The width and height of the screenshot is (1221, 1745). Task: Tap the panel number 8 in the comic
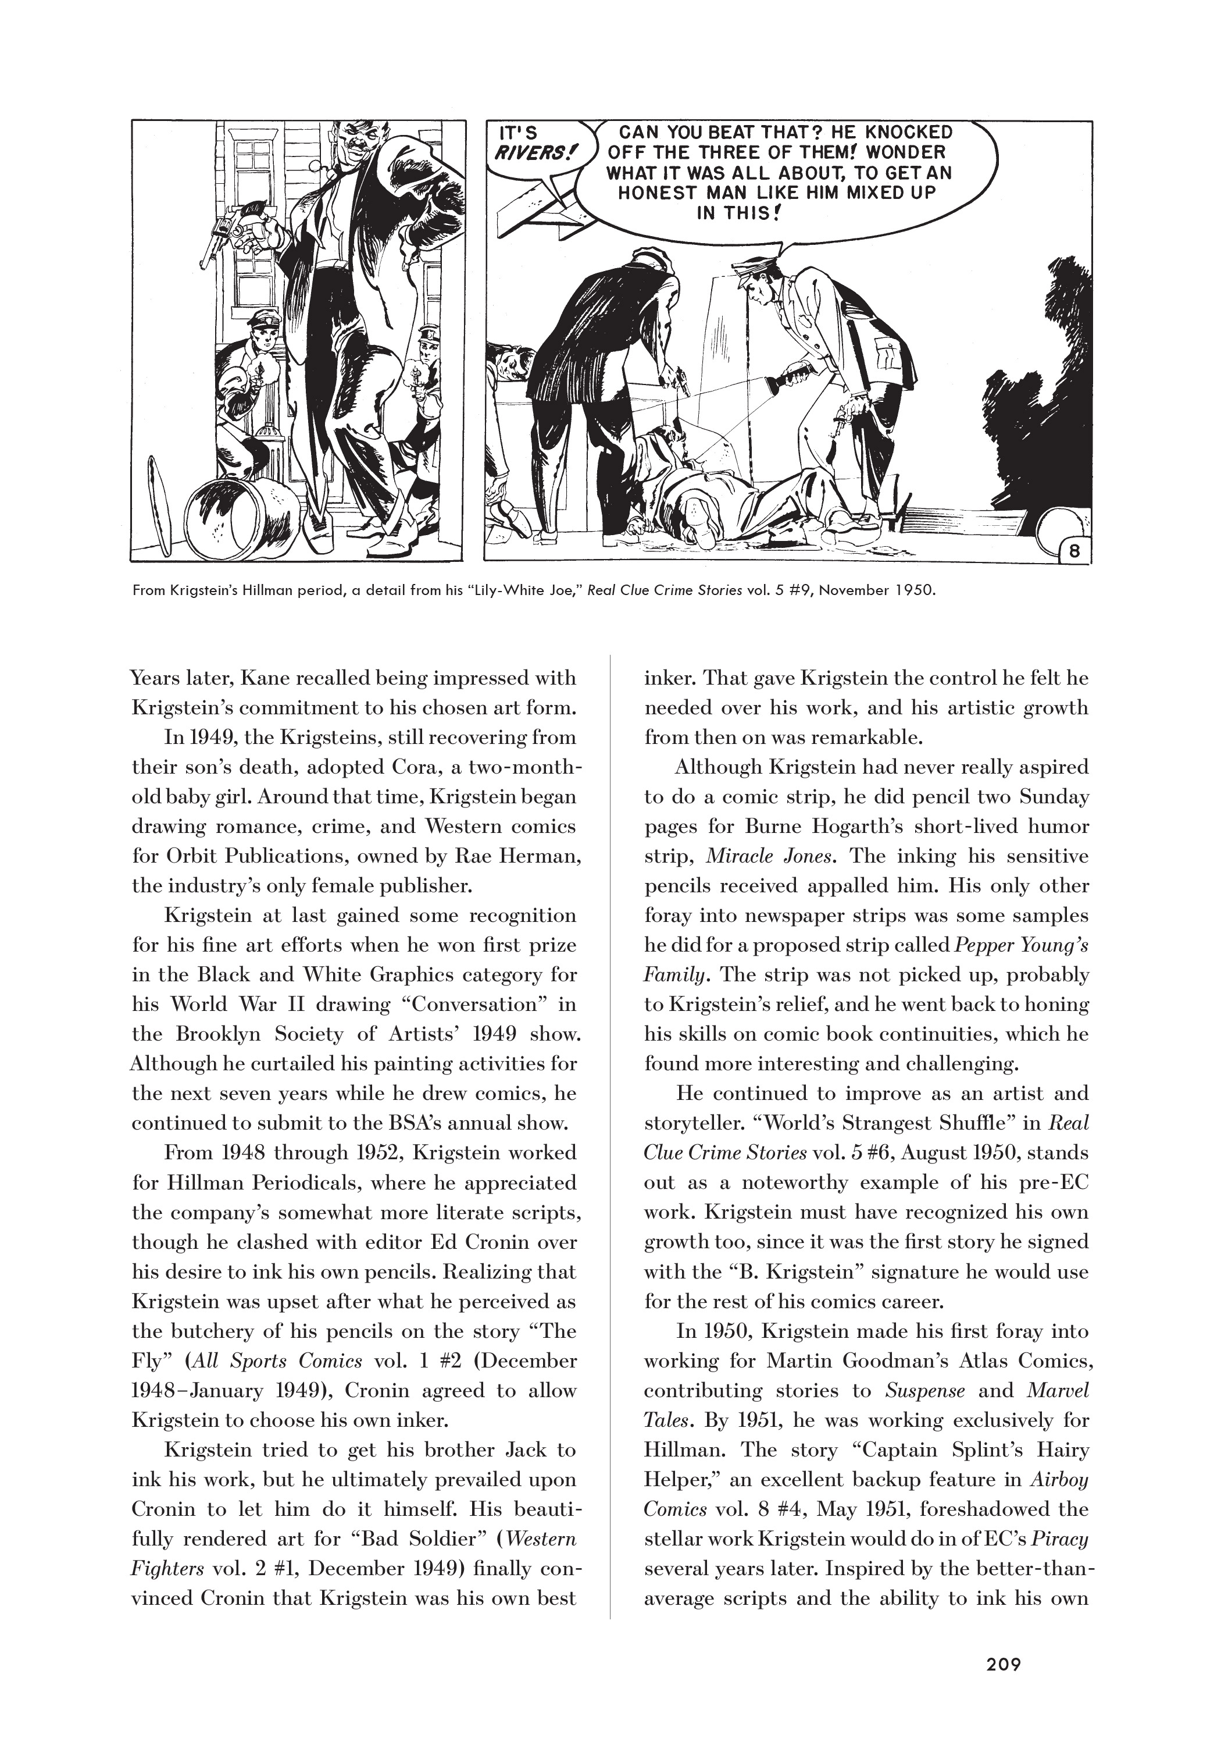(1073, 551)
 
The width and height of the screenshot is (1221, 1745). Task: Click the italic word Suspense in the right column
(924, 1391)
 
